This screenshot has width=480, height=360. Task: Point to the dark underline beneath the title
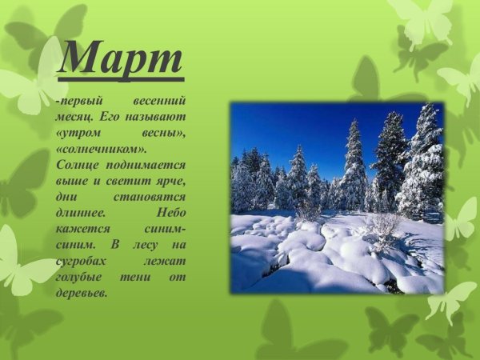coord(121,78)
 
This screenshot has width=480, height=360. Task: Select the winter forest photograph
coord(337,197)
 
